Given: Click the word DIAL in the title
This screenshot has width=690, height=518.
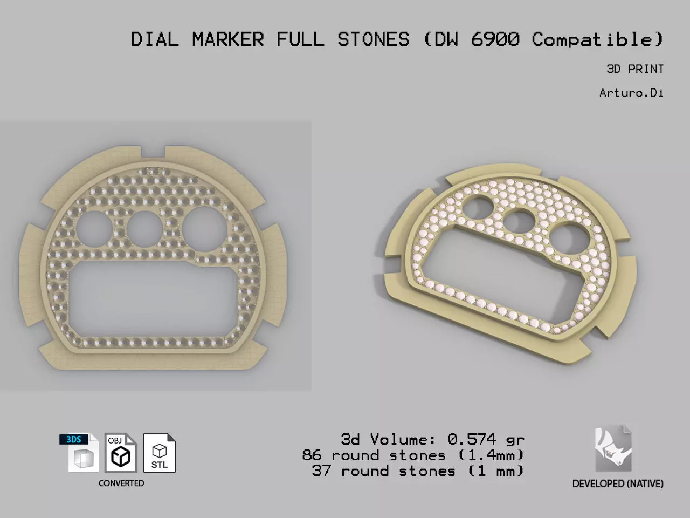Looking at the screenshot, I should (x=155, y=39).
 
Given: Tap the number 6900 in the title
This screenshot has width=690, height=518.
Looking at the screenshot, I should (x=495, y=39).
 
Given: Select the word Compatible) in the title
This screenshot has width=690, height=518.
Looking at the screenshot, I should (x=597, y=39).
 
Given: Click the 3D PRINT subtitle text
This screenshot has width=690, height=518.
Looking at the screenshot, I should (x=634, y=69).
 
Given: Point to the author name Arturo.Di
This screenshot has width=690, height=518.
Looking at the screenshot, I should (x=631, y=93).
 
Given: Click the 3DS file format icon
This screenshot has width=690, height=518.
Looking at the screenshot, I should (x=79, y=453).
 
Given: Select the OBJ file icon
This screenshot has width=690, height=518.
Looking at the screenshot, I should (x=120, y=453).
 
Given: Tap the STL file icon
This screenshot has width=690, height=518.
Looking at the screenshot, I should (x=160, y=453).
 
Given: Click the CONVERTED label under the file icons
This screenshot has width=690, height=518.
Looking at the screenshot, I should (x=121, y=483).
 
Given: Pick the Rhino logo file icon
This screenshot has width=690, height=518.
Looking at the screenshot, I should (x=613, y=449).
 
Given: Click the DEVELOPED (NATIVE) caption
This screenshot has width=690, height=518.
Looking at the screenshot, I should (x=618, y=484).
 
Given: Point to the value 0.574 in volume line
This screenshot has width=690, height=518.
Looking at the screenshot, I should (x=471, y=440).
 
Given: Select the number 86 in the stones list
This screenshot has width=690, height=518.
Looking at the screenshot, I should (x=312, y=455).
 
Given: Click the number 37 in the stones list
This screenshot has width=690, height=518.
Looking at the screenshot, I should (x=321, y=471).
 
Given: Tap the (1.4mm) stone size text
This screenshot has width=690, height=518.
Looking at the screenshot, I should (x=491, y=455).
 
